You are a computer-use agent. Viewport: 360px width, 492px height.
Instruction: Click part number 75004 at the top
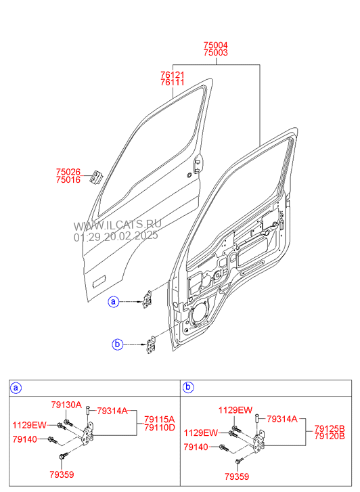click(215, 45)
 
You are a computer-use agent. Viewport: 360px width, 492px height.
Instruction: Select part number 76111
click(173, 83)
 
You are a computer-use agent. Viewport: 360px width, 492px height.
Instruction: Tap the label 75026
click(68, 172)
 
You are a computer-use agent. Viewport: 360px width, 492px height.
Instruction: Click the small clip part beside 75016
click(95, 178)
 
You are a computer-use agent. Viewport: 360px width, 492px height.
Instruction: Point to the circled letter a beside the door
click(113, 302)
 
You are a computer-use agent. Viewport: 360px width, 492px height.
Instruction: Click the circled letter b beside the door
click(117, 344)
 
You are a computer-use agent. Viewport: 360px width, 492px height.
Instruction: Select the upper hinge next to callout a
click(148, 299)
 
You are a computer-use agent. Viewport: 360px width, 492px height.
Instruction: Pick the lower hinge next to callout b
click(152, 345)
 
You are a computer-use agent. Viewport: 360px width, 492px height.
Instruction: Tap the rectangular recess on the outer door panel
click(99, 281)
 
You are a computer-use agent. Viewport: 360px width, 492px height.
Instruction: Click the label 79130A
click(66, 405)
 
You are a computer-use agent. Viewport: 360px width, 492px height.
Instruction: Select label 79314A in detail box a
click(112, 411)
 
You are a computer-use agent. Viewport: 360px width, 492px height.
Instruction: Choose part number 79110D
click(160, 427)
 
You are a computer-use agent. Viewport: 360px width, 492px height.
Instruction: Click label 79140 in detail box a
click(25, 439)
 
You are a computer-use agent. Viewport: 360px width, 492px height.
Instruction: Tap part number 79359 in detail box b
click(237, 476)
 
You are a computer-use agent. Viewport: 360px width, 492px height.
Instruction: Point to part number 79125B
click(330, 428)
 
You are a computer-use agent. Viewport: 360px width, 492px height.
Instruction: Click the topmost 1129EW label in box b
click(235, 410)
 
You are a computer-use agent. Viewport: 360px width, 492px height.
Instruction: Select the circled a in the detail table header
click(16, 388)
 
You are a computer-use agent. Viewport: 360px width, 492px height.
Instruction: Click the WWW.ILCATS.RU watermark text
click(117, 225)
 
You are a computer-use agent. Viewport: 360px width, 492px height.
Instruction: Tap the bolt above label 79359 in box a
click(62, 455)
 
